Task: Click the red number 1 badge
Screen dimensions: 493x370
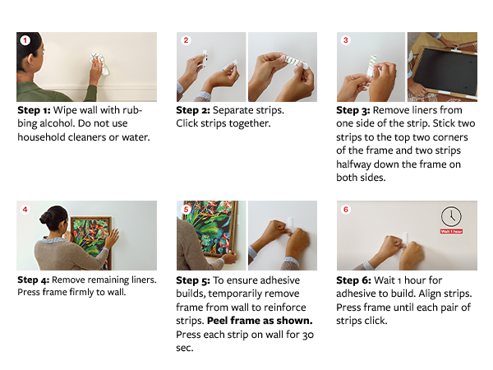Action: point(25,40)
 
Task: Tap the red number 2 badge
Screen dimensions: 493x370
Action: point(186,40)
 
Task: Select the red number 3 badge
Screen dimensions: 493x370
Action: point(346,40)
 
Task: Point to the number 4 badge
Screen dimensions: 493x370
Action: point(25,209)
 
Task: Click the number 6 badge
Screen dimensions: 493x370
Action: point(346,209)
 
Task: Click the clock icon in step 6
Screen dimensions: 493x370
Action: point(451,216)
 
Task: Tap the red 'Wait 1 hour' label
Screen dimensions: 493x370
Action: point(451,231)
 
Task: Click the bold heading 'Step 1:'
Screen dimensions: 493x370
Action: point(34,110)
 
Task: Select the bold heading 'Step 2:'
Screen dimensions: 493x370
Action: point(193,110)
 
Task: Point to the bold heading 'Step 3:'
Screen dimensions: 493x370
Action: point(353,110)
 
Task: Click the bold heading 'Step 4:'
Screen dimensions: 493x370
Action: point(34,280)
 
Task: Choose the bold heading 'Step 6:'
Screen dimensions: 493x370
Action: point(353,280)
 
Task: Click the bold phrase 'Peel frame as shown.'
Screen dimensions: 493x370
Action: point(260,321)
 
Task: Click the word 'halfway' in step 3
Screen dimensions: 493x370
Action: point(353,164)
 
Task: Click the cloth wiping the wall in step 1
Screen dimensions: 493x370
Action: point(100,63)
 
